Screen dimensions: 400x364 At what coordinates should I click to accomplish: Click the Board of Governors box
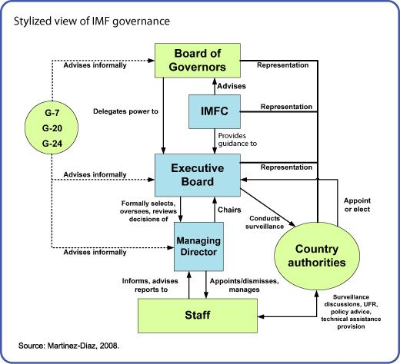198,61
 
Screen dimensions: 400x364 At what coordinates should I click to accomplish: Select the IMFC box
215,111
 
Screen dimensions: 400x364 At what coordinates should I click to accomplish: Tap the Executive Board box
198,175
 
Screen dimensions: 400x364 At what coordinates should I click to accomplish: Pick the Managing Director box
198,247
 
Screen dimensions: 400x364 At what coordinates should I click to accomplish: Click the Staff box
198,316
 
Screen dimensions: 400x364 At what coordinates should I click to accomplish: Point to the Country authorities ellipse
317,256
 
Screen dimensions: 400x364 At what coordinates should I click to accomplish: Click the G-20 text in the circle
52,128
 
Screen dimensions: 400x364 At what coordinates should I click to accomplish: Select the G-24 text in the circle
52,144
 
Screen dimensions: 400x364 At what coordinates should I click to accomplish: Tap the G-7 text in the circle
52,113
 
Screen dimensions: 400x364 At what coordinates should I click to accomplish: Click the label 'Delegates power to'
125,111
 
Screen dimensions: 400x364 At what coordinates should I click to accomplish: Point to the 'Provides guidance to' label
238,140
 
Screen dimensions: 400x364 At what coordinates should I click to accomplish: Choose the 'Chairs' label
229,210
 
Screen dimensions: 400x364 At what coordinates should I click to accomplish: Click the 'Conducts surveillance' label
265,222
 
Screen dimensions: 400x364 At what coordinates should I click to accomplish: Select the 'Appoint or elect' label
357,205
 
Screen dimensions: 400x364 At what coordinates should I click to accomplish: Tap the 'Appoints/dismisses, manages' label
245,285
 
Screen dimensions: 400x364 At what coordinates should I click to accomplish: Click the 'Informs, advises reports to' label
150,285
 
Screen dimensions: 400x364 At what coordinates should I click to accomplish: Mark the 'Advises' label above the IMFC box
232,86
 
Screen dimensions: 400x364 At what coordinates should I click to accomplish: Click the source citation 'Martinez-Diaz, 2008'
83,346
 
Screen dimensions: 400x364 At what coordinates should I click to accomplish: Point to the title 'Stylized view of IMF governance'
92,22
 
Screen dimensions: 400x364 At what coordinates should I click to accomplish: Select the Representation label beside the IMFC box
286,107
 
